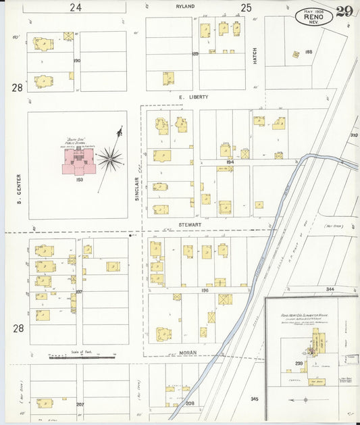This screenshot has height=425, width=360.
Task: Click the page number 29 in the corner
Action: click(344, 10)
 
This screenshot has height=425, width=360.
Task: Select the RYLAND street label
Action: click(185, 6)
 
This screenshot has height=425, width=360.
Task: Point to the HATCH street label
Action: click(255, 55)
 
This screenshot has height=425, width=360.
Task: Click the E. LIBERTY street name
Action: click(194, 97)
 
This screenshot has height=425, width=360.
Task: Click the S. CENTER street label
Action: click(20, 189)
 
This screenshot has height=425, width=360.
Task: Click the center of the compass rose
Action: click(109, 160)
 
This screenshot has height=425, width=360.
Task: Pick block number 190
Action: click(76, 61)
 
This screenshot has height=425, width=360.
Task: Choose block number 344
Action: click(329, 289)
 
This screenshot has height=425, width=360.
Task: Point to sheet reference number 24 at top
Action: click(76, 7)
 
